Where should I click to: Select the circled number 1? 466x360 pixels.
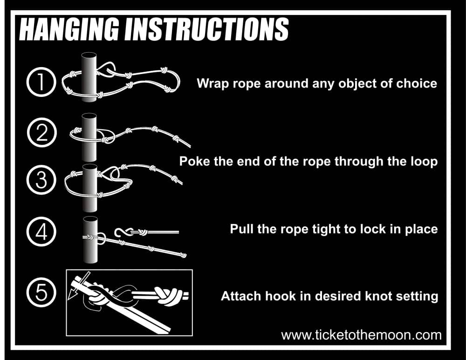point(41,82)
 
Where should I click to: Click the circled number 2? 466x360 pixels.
point(41,132)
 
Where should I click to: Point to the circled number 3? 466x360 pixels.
point(41,180)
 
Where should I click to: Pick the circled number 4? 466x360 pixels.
point(41,231)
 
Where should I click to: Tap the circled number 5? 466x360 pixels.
point(41,292)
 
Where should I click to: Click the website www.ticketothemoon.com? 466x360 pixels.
point(362,335)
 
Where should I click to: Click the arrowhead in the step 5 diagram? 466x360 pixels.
point(71,294)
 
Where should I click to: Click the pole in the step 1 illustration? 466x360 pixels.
point(89,77)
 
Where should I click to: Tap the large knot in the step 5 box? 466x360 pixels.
point(168,296)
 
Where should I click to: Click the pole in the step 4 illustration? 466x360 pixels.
point(90,240)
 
